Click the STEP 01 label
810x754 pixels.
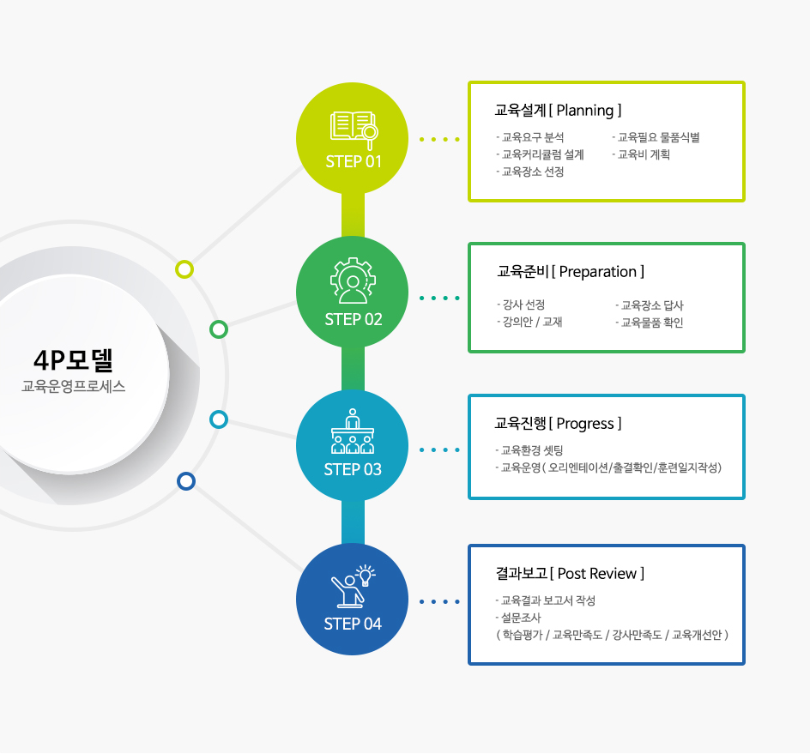click(x=354, y=161)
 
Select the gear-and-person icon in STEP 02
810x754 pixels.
click(x=353, y=280)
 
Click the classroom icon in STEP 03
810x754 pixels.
click(x=353, y=431)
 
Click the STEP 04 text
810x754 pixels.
click(x=353, y=624)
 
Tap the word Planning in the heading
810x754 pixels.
click(x=585, y=111)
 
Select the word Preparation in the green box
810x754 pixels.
click(x=598, y=272)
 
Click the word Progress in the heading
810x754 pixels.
click(x=585, y=424)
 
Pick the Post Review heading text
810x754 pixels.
click(x=597, y=573)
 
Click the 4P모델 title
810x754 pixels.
click(x=73, y=360)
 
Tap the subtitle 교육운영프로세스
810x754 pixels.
click(x=73, y=386)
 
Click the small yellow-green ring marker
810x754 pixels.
click(x=184, y=269)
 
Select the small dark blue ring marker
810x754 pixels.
click(x=186, y=481)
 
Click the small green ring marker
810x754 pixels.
click(x=219, y=329)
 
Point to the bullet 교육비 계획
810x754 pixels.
click(x=641, y=154)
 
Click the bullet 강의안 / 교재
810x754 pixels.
click(x=529, y=322)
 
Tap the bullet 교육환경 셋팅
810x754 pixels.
click(x=529, y=450)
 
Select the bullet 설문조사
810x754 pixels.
click(x=518, y=618)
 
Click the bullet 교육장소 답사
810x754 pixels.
click(x=650, y=305)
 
